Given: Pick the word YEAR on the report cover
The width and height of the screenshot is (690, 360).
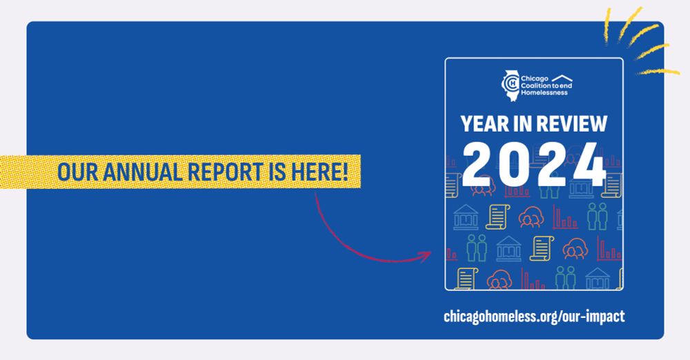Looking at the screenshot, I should pos(484,124).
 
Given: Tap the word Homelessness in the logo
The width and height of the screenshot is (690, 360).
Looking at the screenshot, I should pos(544,91).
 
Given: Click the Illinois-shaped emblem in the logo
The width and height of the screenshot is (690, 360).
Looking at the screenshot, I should pos(509,84).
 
